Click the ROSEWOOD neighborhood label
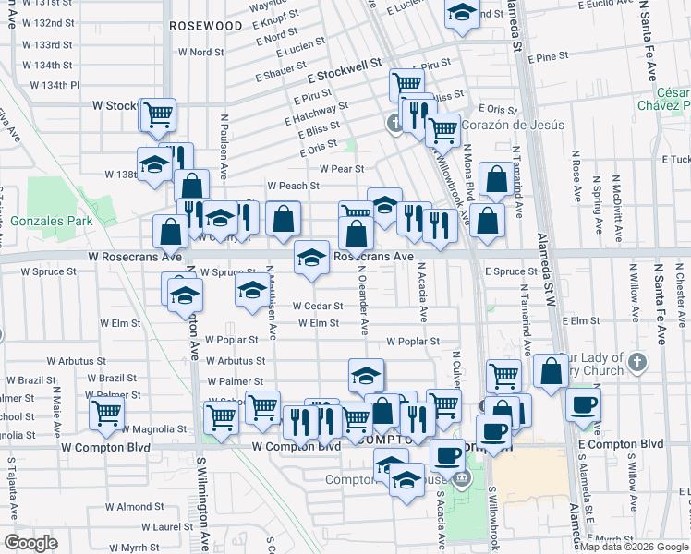(205, 27)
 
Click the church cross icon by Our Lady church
(637, 363)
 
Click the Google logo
(30, 543)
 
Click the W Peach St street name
(293, 186)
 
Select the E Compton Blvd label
(620, 444)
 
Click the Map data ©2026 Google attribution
(633, 547)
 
